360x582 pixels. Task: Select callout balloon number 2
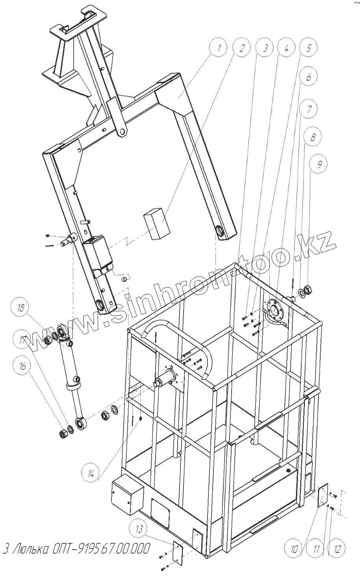[242, 49]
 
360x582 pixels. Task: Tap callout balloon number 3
[265, 49]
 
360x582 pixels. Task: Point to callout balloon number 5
[309, 49]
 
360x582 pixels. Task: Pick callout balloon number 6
[309, 77]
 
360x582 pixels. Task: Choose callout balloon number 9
[319, 165]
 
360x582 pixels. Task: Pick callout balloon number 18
[20, 308]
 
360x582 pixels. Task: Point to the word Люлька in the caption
[32, 549]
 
